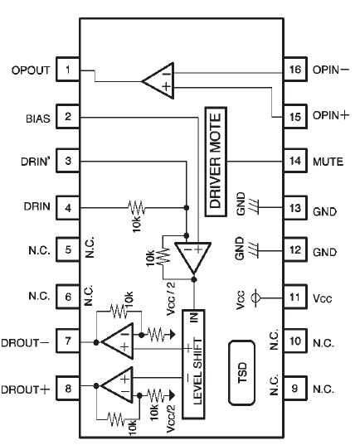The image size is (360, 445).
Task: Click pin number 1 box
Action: (66, 70)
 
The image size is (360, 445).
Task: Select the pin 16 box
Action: (294, 70)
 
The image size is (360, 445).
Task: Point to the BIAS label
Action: (37, 117)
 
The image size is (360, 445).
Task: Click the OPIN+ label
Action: (332, 117)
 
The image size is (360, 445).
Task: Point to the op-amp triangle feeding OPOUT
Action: (158, 80)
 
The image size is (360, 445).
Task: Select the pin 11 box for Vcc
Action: (294, 294)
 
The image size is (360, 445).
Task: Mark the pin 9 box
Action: (294, 387)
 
